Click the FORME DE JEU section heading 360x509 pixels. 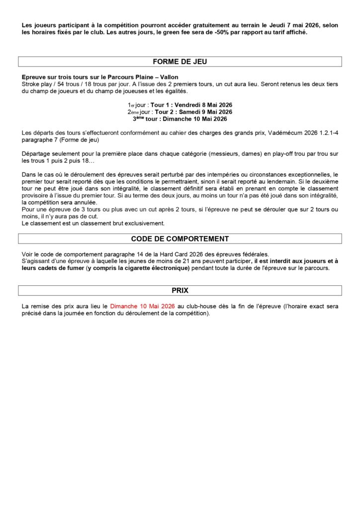(x=180, y=62)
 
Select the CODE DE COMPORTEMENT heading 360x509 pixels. (x=180, y=239)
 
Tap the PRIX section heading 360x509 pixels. (x=180, y=290)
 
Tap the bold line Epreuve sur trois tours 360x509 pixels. (x=99, y=77)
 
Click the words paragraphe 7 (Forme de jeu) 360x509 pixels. (x=60, y=140)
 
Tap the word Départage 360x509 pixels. (x=37, y=154)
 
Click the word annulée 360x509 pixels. (x=83, y=203)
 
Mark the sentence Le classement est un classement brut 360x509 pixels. (x=93, y=224)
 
